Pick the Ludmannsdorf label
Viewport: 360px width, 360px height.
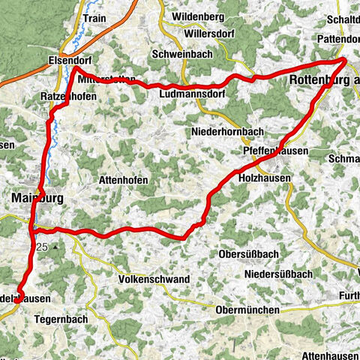190,95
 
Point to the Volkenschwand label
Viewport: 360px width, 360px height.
154,279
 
